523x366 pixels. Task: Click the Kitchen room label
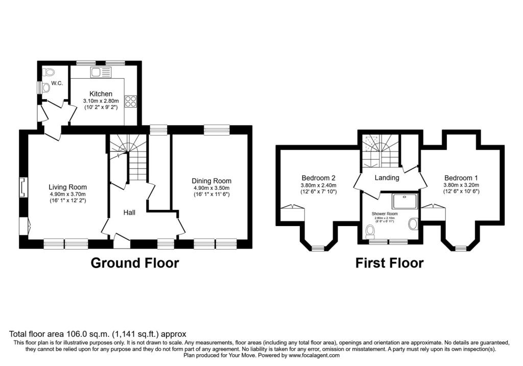pyautogui.click(x=101, y=94)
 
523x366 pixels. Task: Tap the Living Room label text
pyautogui.click(x=67, y=187)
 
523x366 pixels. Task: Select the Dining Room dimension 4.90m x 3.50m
pyautogui.click(x=211, y=188)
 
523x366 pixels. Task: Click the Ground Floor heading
pyautogui.click(x=135, y=263)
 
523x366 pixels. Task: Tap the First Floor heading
pyautogui.click(x=390, y=263)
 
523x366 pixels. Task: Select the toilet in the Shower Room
pyautogui.click(x=371, y=232)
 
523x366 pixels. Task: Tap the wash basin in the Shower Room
pyautogui.click(x=413, y=223)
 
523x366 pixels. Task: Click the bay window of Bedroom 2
pyautogui.click(x=318, y=249)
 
